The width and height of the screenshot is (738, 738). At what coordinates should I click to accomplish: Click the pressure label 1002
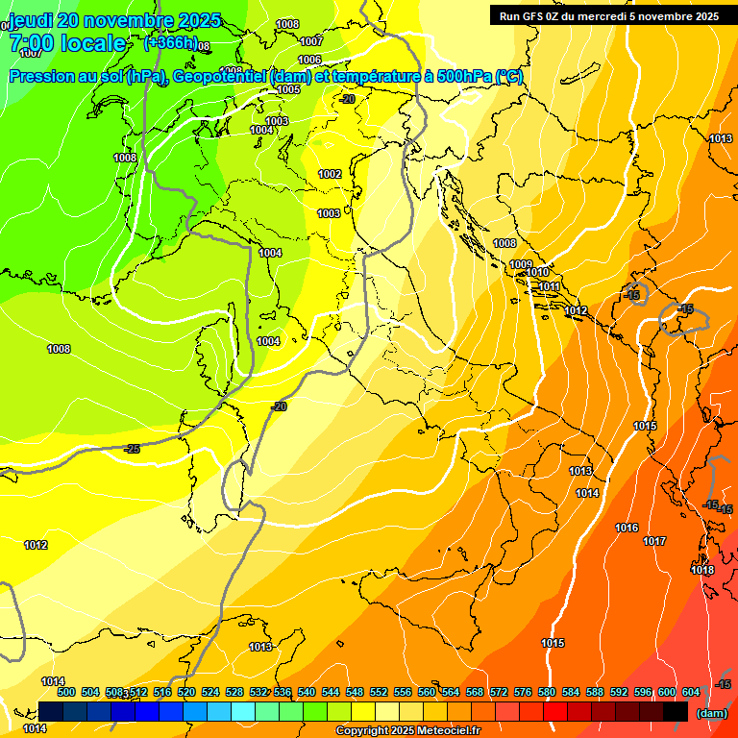pos(330,174)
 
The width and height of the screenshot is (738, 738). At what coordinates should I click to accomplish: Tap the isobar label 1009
pos(521,264)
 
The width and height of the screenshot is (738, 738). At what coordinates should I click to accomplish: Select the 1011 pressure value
pos(549,286)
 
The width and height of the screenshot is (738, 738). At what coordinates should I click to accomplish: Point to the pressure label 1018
pos(702,570)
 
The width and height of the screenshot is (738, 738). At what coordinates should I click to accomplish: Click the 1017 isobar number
pos(654,541)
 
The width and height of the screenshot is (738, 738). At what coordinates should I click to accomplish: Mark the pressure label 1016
pos(627,528)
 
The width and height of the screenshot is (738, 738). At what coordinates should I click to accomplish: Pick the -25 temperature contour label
pos(132,449)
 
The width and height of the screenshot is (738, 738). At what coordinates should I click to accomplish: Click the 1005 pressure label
pos(288,89)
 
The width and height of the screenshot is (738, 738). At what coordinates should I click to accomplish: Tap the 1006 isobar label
pos(309,60)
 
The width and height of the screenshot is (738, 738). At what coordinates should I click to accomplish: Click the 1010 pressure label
pos(538,273)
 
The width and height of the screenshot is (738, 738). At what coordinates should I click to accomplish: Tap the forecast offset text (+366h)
pos(170,43)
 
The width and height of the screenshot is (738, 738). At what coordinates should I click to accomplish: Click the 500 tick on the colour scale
pos(66,692)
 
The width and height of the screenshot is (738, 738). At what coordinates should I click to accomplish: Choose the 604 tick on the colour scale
pos(691,692)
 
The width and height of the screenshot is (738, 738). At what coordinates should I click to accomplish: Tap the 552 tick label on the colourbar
pos(379,692)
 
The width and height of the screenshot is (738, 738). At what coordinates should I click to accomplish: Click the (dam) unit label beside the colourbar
pos(710,713)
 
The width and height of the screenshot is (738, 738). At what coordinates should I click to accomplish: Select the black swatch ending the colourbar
pos(676,711)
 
